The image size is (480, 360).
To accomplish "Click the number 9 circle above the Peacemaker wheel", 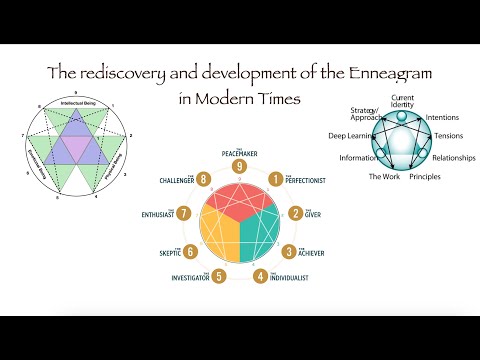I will coord(240,166).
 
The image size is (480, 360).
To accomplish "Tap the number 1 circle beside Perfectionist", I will coord(275,179).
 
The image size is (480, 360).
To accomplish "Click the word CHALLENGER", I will coord(178,181).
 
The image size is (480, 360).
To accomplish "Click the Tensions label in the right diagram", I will coord(442,137).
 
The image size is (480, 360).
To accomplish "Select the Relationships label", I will coord(453,158).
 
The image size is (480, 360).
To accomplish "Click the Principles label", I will coord(425,177).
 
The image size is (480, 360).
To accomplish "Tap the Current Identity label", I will coord(403,101).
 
